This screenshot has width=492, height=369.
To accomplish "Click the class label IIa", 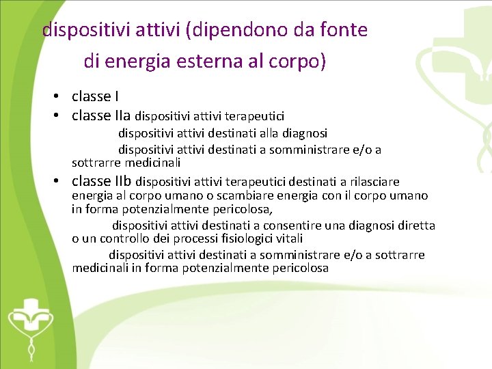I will click(124, 115).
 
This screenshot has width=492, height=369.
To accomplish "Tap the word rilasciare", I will click(374, 182).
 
